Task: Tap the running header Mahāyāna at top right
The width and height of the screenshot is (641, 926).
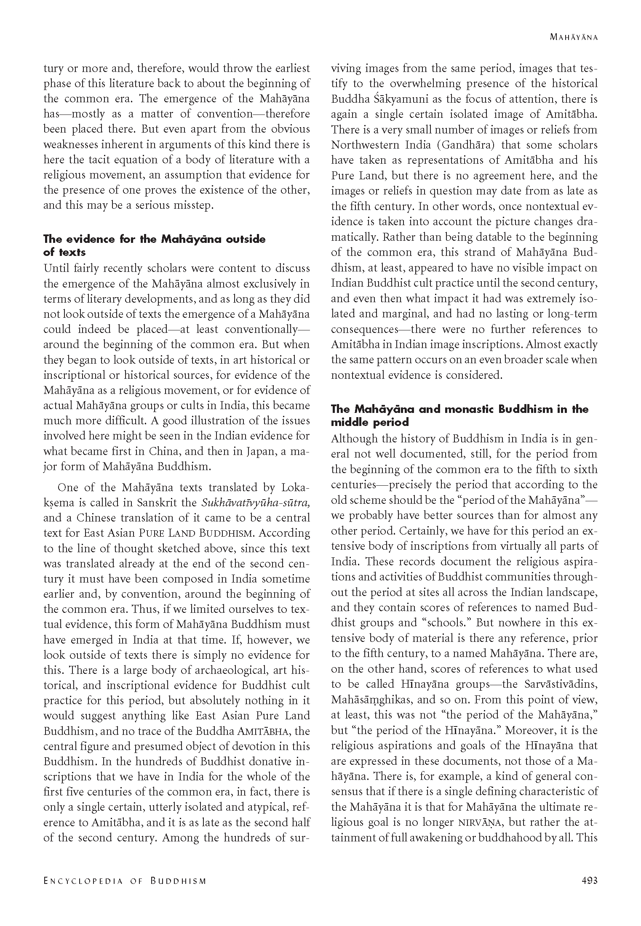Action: (574, 37)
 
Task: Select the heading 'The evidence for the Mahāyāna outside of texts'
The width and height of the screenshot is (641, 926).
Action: (154, 245)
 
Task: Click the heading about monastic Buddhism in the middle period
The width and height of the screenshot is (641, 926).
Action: (459, 415)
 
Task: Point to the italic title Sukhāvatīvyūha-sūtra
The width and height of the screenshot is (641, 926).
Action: (256, 503)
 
